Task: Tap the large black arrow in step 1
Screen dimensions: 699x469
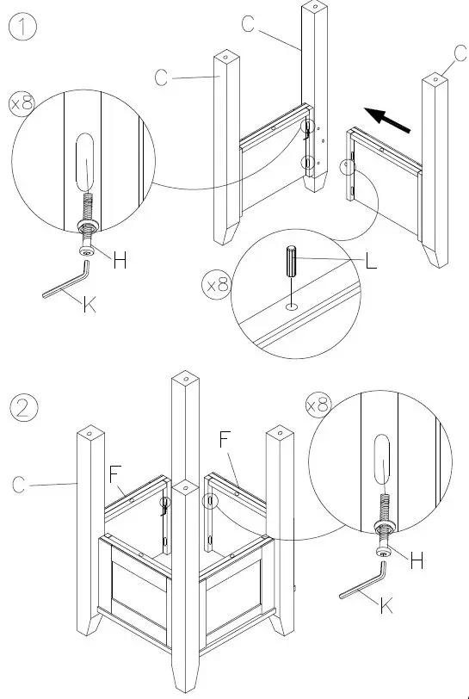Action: pos(385,119)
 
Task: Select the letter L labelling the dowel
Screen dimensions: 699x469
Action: pos(371,264)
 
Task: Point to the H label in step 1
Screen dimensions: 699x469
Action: pos(120,261)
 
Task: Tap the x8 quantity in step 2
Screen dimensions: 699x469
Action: pos(318,403)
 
